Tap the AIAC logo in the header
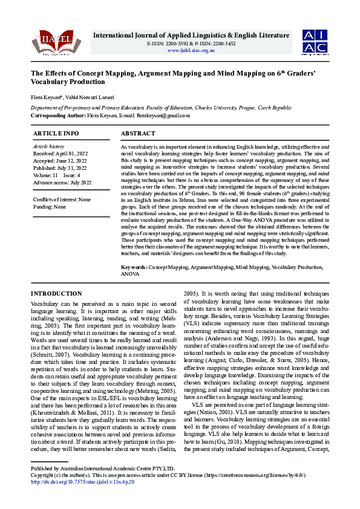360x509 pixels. (316, 41)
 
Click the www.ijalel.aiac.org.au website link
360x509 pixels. (191, 50)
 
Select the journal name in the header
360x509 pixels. (191, 36)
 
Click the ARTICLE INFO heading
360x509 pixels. (56, 133)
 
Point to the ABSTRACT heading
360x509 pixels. (139, 133)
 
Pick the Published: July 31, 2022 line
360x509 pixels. (61, 167)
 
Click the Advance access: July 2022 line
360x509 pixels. (62, 182)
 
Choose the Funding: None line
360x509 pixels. (50, 207)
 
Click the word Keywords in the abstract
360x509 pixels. (134, 267)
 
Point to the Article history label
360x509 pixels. (48, 146)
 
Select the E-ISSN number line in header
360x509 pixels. (191, 44)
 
